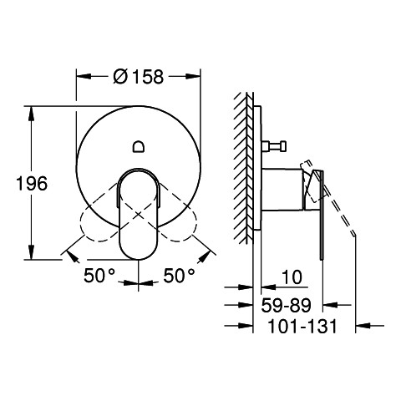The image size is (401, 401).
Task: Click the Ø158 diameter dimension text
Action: (139, 76)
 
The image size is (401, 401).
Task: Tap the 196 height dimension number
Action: (32, 184)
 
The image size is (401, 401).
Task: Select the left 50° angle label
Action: (99, 276)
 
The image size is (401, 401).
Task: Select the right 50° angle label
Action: (179, 276)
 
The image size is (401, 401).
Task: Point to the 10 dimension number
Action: (292, 277)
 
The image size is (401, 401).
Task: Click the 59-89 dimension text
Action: (286, 305)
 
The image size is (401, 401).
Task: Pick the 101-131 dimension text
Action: (302, 326)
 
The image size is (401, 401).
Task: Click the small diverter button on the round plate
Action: (139, 146)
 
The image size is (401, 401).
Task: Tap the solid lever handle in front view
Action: (139, 214)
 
